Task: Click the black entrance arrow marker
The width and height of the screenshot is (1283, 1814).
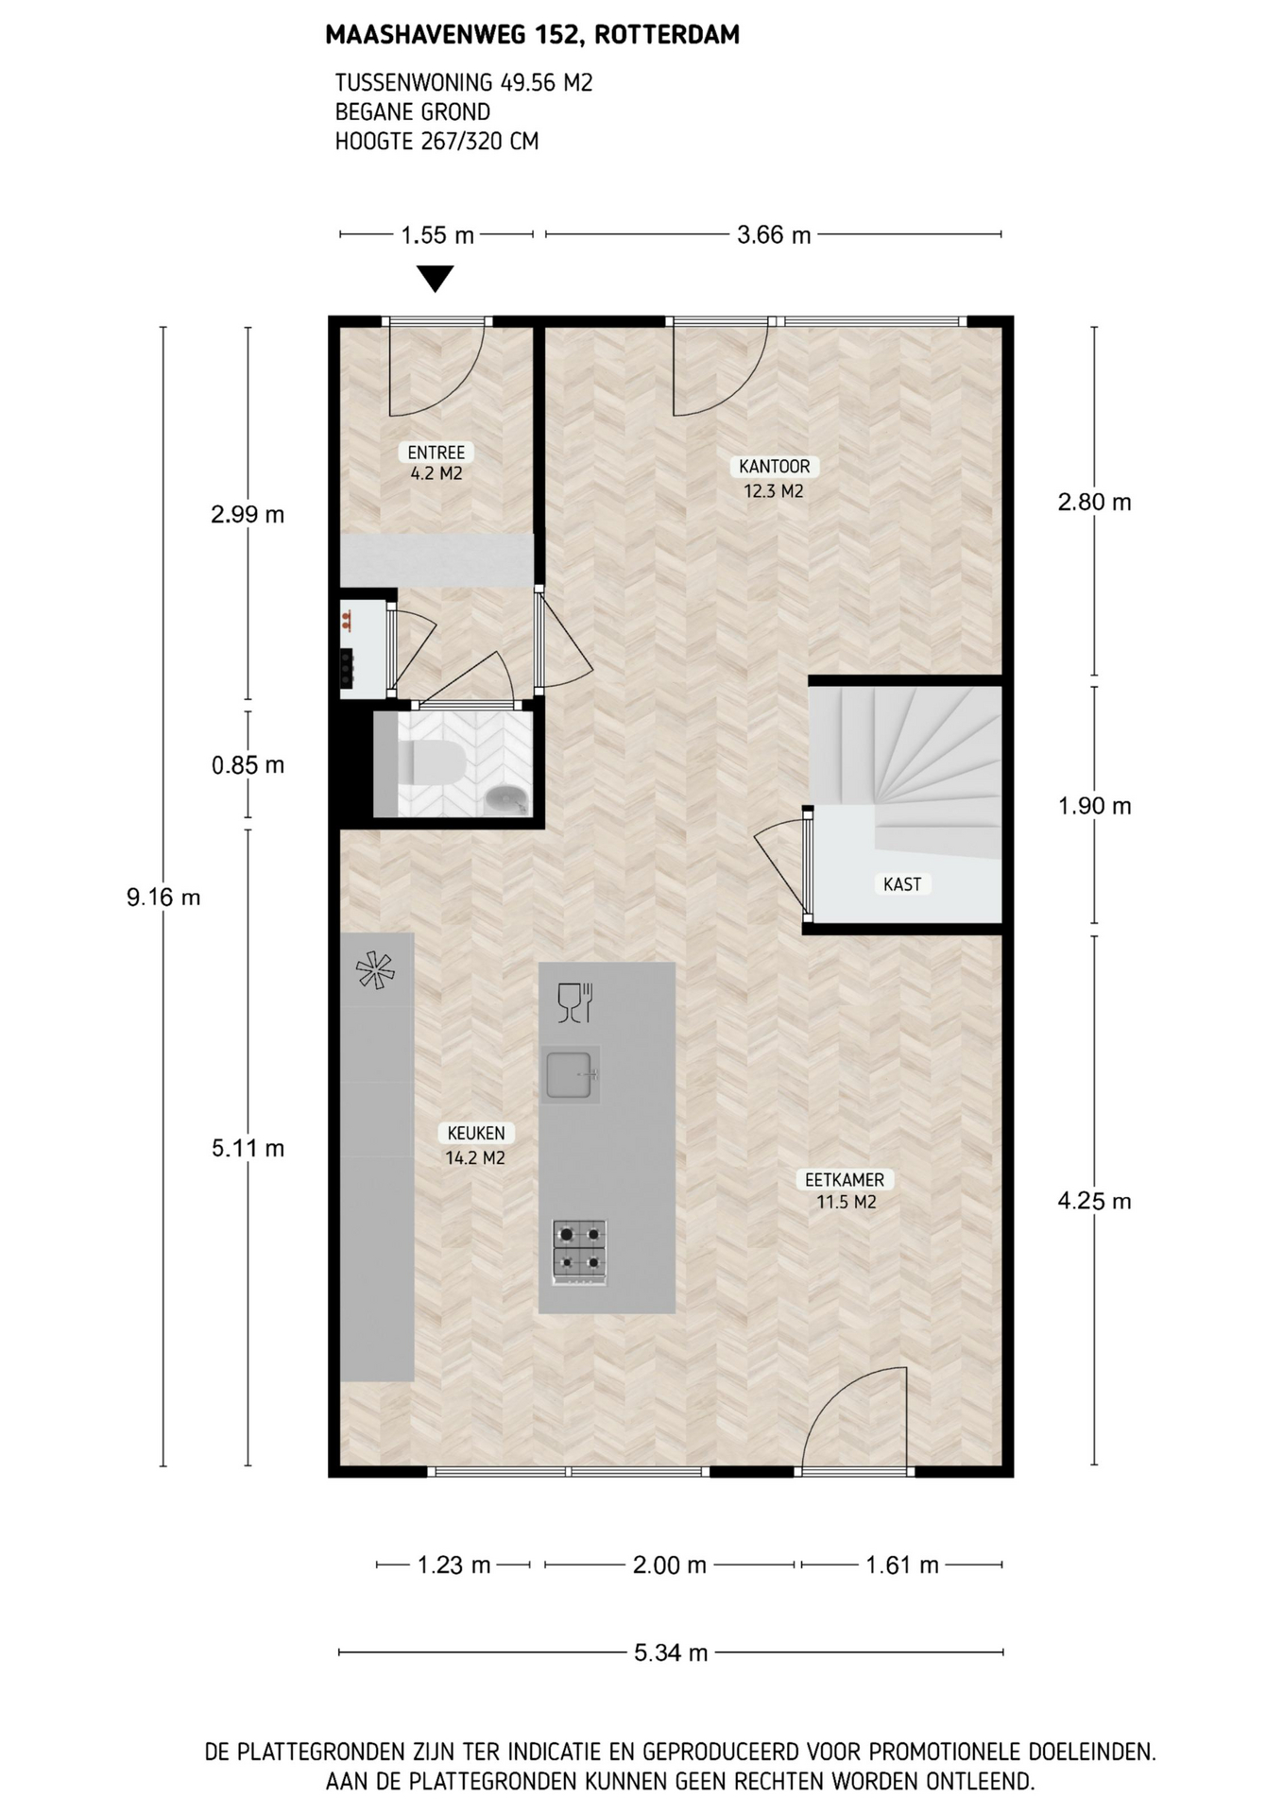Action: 436,279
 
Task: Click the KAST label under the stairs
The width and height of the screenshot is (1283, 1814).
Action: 902,884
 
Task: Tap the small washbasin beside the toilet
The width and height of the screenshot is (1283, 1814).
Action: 507,800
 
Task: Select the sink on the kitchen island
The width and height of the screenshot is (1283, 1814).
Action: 570,1075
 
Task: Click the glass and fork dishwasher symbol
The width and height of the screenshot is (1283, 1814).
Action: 574,1002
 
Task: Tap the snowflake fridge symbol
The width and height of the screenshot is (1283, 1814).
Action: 374,970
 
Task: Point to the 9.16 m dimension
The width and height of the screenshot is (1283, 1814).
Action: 163,897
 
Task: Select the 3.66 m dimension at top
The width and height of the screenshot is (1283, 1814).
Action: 774,234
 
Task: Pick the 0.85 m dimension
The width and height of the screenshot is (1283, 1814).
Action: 248,764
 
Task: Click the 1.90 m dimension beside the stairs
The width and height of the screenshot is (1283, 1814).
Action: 1094,806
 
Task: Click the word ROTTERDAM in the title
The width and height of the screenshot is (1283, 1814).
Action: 667,35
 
